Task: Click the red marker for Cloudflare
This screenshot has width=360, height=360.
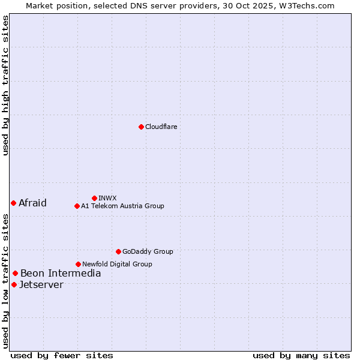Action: tap(141, 127)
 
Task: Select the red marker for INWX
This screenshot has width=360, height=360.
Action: tap(94, 198)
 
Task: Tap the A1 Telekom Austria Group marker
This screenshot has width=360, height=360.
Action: tap(77, 206)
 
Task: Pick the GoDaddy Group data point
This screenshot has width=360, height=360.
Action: tap(118, 251)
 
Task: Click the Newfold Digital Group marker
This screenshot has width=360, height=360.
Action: tap(78, 264)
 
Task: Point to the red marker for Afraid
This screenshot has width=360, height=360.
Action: tap(13, 203)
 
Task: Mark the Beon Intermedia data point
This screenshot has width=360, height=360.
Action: tap(15, 273)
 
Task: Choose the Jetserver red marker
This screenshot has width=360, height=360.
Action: tap(14, 284)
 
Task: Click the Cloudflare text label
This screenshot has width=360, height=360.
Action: tap(161, 127)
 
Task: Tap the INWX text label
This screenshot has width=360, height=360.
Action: tap(107, 198)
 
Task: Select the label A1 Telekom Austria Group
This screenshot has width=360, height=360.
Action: tap(122, 206)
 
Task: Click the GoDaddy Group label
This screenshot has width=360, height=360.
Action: tap(148, 251)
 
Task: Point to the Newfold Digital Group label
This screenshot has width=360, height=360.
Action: tap(117, 264)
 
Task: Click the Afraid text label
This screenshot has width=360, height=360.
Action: tap(32, 203)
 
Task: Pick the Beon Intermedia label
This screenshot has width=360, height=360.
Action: tap(61, 274)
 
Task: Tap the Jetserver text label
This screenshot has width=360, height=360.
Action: tap(41, 284)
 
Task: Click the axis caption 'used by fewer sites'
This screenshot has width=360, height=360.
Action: tap(62, 355)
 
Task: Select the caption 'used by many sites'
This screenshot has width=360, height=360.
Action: tap(301, 355)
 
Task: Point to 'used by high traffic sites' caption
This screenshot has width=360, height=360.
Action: tap(6, 85)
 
